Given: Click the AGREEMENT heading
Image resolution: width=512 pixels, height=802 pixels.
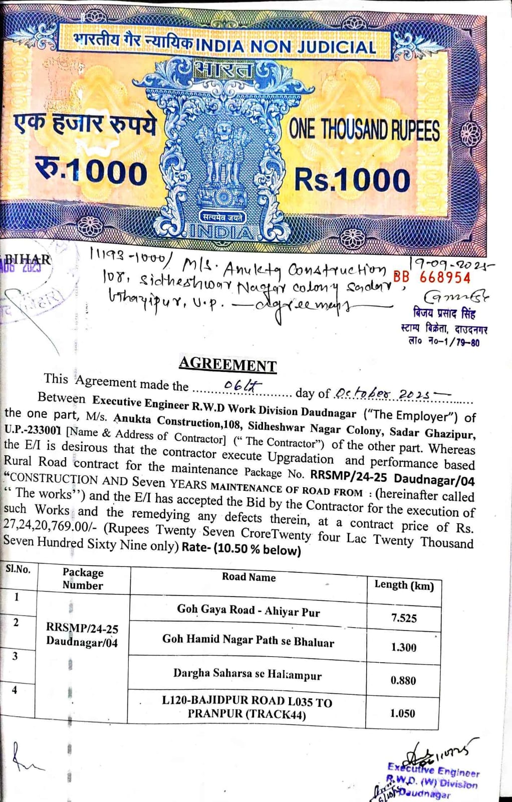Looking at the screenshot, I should pos(227,364).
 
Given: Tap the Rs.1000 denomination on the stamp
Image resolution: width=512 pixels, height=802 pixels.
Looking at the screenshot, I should pos(352,179).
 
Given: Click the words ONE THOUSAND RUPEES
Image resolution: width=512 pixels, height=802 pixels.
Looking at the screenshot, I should pos(364,130).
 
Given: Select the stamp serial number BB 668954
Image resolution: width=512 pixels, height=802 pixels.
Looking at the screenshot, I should pos(432,277).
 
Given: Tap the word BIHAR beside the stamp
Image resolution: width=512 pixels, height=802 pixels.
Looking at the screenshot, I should pos(28,260).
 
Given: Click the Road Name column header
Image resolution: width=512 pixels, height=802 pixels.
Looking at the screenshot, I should pos(248,577).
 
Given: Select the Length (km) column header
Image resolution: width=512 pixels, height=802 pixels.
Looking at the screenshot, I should pos(404,585).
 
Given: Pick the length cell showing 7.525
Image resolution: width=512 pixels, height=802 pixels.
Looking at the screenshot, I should pos(404,618).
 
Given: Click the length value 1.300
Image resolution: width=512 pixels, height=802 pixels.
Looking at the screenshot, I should pos(403,647).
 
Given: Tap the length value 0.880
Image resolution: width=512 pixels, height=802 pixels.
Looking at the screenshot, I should pos(403,680).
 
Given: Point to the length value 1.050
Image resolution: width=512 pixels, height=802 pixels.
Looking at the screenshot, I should pos(402,713).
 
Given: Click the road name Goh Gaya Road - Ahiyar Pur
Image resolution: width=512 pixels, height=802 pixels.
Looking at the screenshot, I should pos(248,610).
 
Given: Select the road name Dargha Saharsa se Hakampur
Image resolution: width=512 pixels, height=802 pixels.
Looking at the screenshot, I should pos(247,674).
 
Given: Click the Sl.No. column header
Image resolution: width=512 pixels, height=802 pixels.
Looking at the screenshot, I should pos(18,569).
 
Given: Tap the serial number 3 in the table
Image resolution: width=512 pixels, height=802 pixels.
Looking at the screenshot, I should pos(15,656).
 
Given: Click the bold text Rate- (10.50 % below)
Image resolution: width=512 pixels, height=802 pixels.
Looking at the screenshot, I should pos(241,549).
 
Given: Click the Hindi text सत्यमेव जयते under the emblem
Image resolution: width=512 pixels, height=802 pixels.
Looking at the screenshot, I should pos(222,217).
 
